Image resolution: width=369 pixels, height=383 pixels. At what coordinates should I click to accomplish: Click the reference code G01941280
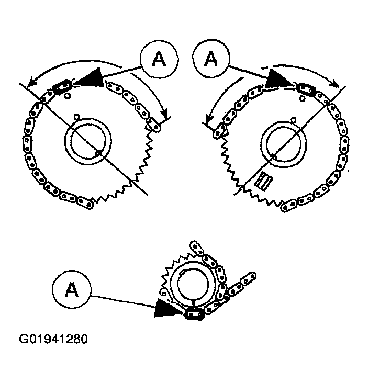point(53,339)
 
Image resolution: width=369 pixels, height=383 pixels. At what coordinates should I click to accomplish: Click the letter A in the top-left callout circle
point(159,59)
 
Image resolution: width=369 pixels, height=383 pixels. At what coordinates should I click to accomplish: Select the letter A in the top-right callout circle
point(211,58)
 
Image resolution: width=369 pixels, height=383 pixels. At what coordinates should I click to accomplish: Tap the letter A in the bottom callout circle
point(72,289)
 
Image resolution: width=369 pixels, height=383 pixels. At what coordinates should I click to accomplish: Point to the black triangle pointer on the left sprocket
point(92,78)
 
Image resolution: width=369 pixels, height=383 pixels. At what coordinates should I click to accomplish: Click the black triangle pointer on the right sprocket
point(277,79)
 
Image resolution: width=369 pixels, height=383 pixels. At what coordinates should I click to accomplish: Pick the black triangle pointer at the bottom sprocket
point(166,309)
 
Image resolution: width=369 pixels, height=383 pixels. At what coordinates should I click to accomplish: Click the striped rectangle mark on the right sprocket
point(264,181)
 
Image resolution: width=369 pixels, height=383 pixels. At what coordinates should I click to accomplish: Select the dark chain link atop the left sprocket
point(63,87)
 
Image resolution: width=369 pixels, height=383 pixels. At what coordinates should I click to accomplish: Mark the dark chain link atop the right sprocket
point(306,89)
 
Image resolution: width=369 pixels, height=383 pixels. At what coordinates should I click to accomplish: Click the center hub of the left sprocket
point(88,141)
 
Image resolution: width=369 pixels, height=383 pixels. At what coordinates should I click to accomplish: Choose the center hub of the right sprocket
point(283,144)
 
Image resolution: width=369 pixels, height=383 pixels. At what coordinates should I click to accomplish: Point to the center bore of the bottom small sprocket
point(193,284)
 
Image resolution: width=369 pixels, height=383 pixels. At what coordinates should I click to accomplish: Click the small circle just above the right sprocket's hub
point(294,119)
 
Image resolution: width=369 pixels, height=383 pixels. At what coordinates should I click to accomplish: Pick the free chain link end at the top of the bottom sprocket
point(197,247)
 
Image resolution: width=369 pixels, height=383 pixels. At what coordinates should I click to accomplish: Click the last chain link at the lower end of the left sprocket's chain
point(85,202)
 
